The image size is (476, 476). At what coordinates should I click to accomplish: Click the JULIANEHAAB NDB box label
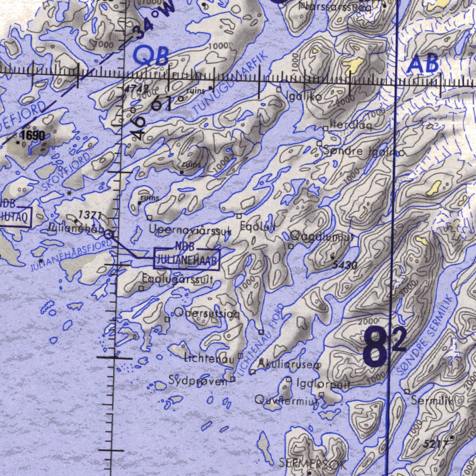point(186,258)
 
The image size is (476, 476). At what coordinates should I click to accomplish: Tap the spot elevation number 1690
point(33,136)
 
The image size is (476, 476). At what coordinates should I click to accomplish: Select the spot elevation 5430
point(345,265)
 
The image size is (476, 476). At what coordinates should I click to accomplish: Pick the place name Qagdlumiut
point(323,237)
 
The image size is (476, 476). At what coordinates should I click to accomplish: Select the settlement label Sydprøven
point(198,381)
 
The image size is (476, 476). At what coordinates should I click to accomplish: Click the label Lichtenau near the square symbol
point(209,359)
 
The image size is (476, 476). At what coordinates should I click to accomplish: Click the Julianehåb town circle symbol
point(109,235)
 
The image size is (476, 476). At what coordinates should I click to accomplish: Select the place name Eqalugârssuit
point(178,280)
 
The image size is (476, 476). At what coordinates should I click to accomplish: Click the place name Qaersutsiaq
point(207,314)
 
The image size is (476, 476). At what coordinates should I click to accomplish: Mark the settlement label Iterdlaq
point(351,125)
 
